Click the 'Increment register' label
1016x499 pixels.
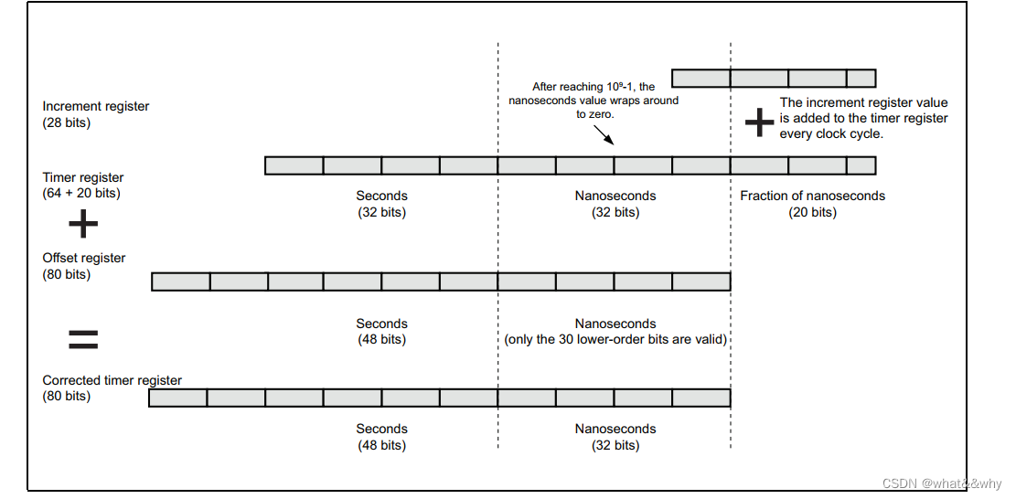click(x=96, y=106)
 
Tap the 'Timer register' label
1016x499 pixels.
click(x=83, y=177)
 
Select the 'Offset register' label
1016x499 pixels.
click(x=84, y=258)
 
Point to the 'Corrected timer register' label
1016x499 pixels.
click(x=112, y=380)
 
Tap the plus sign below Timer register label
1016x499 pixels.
click(x=82, y=223)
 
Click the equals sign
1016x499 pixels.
click(x=83, y=340)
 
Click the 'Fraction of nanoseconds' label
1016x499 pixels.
click(x=812, y=196)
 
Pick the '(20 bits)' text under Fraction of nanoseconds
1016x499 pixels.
click(x=812, y=212)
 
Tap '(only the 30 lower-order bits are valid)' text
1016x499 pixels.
click(x=615, y=340)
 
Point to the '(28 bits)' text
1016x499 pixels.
click(x=67, y=122)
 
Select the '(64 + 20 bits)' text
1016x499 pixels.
click(x=81, y=193)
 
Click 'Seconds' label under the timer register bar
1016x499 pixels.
click(x=381, y=196)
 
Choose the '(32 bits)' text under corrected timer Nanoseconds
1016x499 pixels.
click(x=615, y=445)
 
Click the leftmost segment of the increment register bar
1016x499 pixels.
click(x=701, y=78)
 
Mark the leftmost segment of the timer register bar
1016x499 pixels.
click(x=294, y=165)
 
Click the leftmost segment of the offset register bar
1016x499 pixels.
click(x=180, y=281)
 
